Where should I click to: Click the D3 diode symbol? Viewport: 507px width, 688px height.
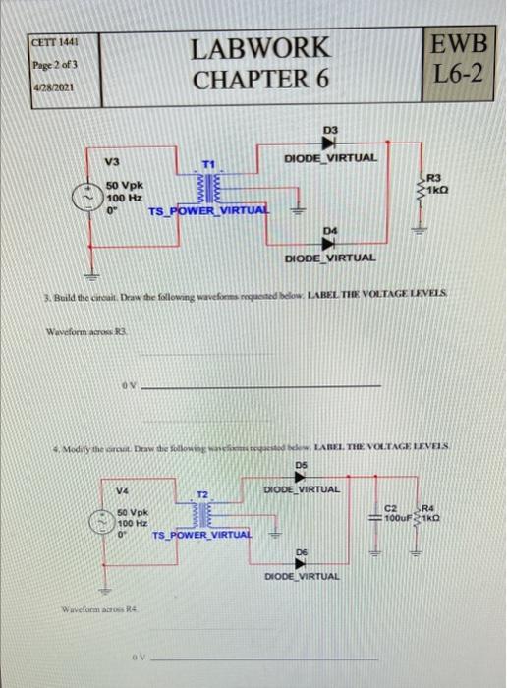[x=331, y=143]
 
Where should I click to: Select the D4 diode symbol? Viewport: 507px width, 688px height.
[x=331, y=242]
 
